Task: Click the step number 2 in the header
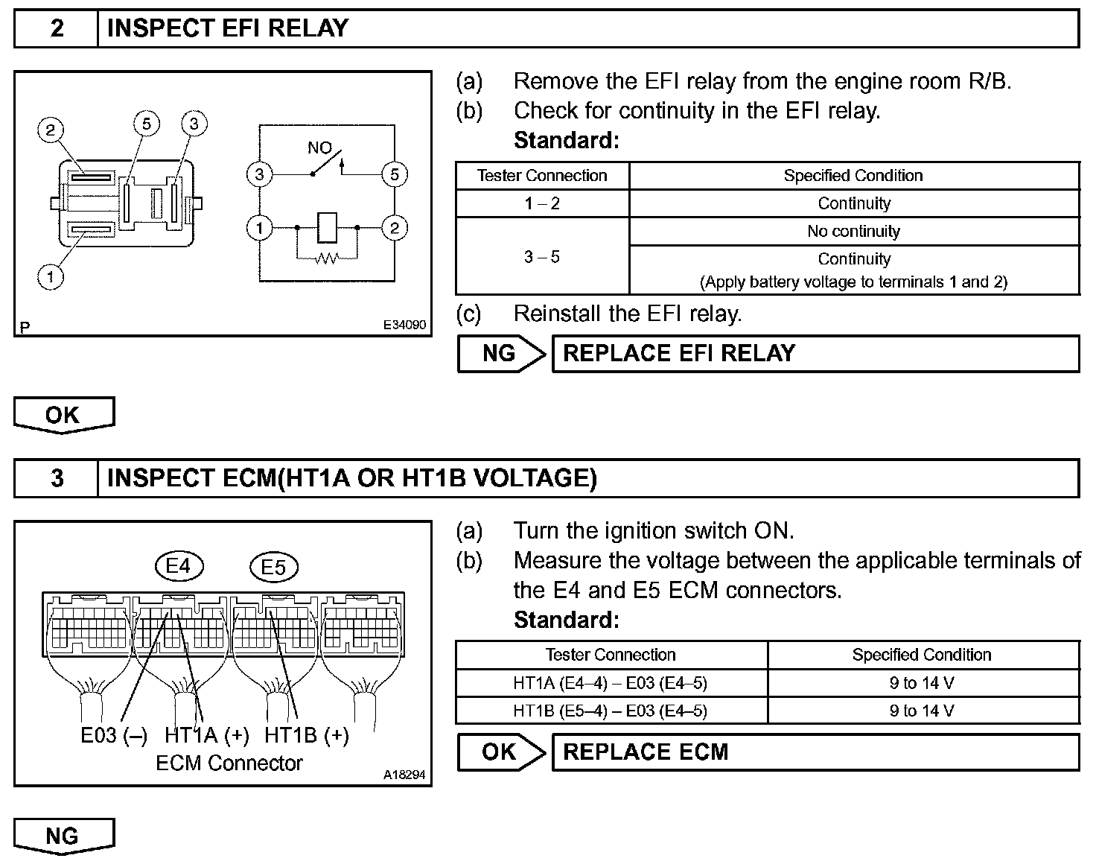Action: [57, 28]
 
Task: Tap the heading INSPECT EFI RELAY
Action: [227, 28]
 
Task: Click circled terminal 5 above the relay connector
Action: [146, 123]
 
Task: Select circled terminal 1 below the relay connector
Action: [51, 278]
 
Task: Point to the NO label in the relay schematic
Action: [319, 147]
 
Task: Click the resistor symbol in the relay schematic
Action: [326, 258]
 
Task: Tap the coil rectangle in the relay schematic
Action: [327, 228]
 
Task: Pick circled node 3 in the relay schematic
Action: [259, 175]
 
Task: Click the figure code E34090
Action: [404, 325]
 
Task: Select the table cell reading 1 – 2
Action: [541, 203]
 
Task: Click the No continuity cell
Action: [853, 231]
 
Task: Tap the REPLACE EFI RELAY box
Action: [815, 353]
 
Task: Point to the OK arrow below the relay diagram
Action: [64, 415]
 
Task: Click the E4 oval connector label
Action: [178, 567]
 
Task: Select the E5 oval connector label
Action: [273, 568]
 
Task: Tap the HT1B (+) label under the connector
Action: [306, 735]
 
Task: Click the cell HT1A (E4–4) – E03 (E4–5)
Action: [610, 682]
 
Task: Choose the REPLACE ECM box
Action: [815, 752]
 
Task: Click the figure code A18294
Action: [404, 775]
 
